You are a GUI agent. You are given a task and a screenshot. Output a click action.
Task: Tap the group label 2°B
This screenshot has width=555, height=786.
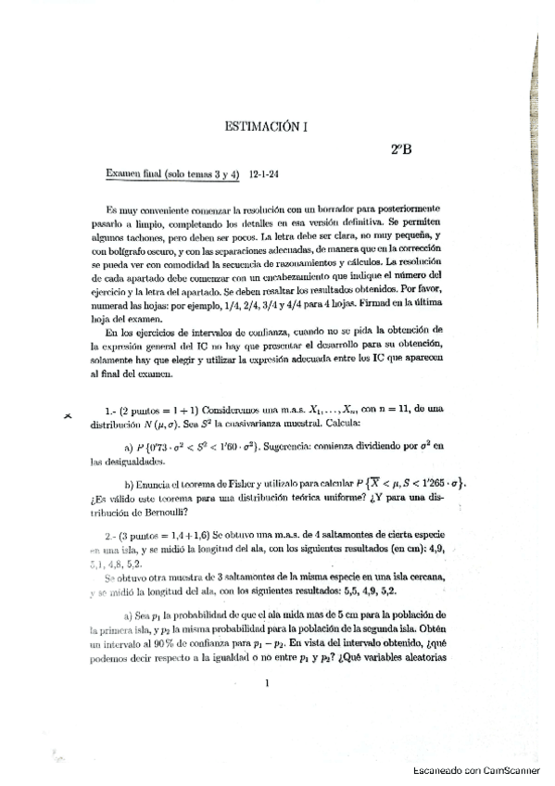click(x=401, y=149)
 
